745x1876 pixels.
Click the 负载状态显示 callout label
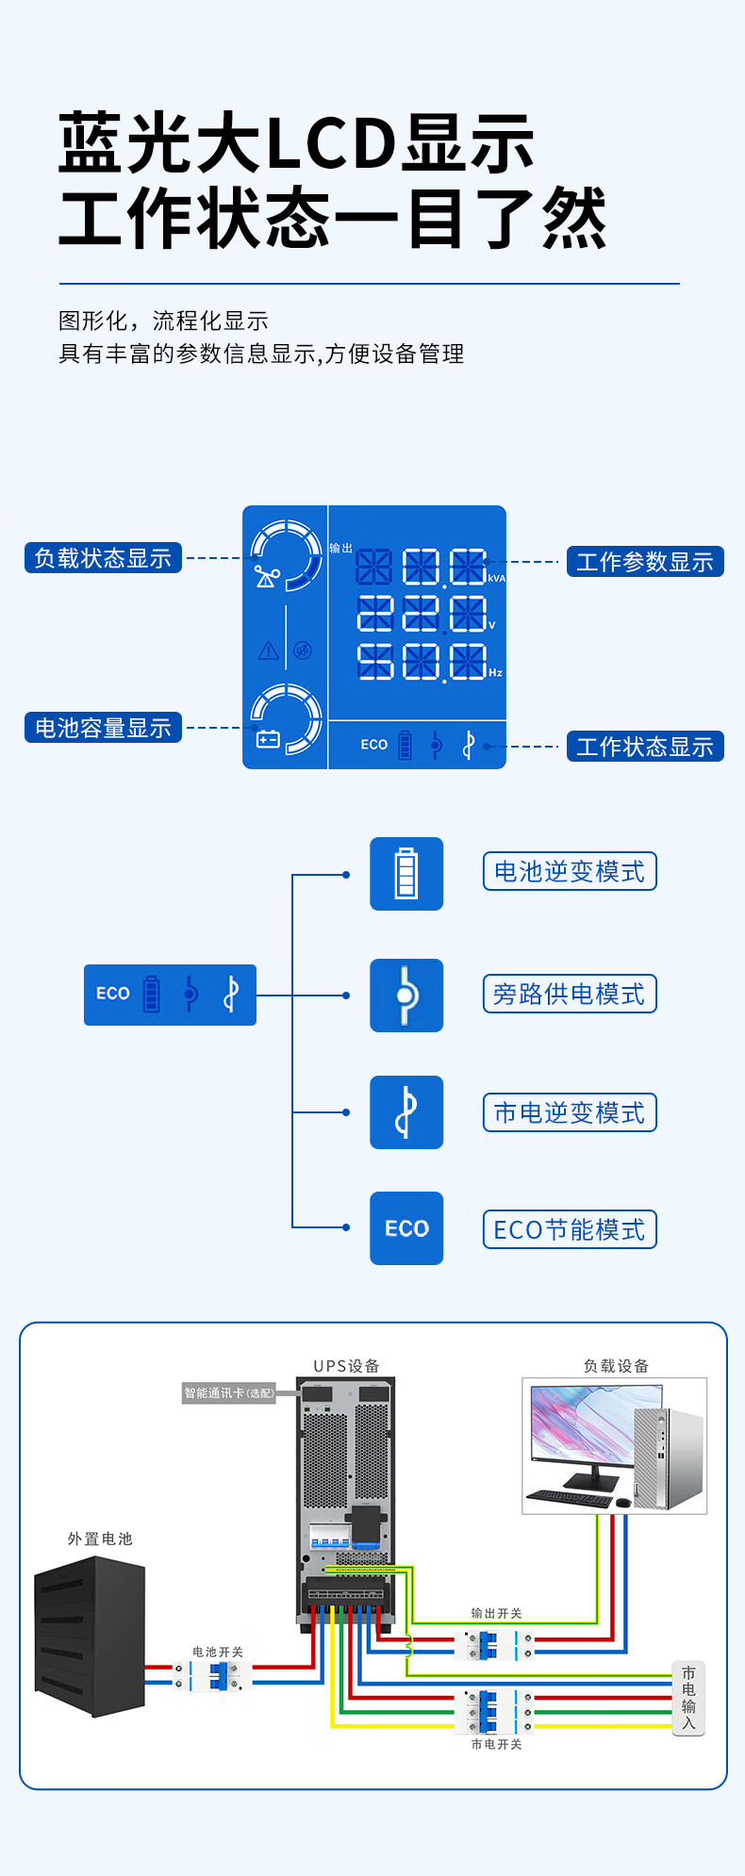[103, 558]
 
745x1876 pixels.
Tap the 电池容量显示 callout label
[103, 728]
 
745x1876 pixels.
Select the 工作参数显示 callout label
[644, 562]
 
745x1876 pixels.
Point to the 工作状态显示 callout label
[644, 747]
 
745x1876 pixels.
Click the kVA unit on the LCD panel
[496, 579]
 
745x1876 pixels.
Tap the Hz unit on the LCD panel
[495, 673]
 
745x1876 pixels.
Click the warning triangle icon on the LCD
[269, 650]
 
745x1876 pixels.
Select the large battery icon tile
[406, 874]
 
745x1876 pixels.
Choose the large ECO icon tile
[406, 1228]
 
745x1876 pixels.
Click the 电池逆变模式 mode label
[570, 872]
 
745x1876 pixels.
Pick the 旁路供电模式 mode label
[570, 995]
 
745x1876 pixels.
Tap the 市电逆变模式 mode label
[570, 1113]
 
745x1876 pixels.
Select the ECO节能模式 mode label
[570, 1230]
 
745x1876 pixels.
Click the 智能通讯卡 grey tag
[228, 1393]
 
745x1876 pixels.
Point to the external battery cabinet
[91, 1636]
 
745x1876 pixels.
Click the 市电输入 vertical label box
[688, 1698]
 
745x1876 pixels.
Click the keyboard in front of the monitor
[570, 1498]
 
